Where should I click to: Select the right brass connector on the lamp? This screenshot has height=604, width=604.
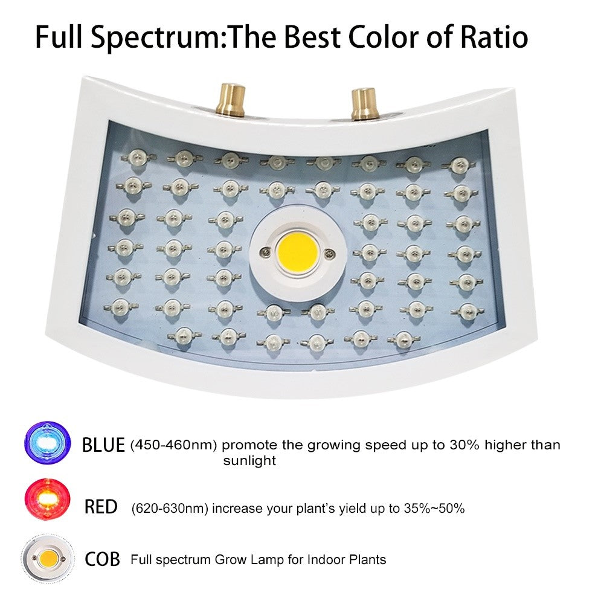coord(364,103)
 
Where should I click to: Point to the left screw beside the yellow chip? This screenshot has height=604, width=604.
coord(265,252)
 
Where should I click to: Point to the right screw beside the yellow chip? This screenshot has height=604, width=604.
coord(329,253)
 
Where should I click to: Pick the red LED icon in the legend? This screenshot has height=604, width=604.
coord(47,500)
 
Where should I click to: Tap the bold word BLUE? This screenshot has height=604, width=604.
coord(103,445)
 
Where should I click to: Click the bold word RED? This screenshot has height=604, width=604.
coord(101,507)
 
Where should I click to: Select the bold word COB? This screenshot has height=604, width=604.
coord(102,559)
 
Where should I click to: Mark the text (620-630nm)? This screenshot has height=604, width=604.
coord(170,509)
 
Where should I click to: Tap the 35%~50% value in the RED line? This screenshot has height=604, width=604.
coord(434,508)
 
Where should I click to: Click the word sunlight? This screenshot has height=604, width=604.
coord(249,461)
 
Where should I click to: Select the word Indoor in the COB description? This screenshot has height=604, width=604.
coord(327,559)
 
